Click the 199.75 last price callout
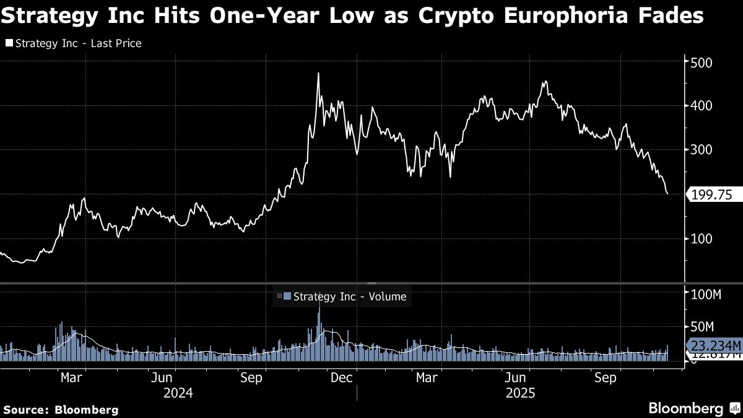[712, 194]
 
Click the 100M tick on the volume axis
[706, 295]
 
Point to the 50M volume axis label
[706, 326]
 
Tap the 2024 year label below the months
[178, 393]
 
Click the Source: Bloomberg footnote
[61, 409]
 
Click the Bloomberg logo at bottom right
[693, 409]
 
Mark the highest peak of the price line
[318, 74]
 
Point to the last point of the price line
[667, 194]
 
